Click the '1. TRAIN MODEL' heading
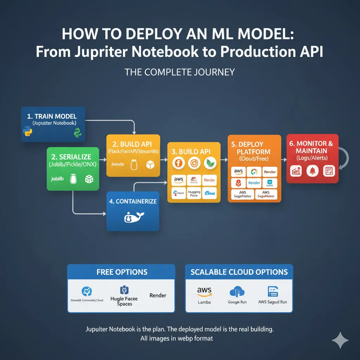52,116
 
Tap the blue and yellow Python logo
27,133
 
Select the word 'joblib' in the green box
57,179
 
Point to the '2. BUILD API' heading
133,144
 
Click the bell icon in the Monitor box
313,171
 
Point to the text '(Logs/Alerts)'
312,158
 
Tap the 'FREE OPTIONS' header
122,272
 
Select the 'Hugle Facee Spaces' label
124,301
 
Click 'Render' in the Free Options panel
158,295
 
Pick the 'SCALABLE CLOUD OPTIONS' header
239,272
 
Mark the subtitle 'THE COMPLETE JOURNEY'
180,72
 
